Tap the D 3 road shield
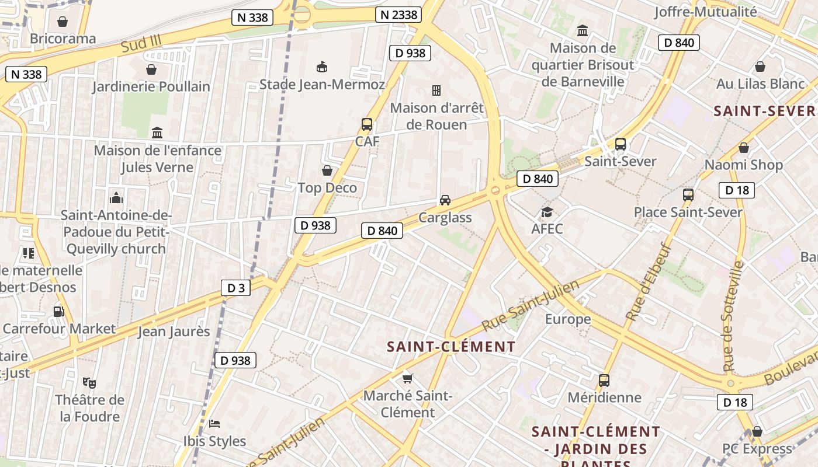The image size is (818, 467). coord(236,288)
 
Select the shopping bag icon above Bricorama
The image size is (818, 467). coord(63,22)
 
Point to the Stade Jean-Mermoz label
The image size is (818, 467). coord(322,85)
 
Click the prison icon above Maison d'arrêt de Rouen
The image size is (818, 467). coord(436,90)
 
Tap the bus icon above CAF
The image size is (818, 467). coord(367,124)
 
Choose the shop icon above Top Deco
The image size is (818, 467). coord(327,170)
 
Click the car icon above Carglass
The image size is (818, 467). coord(445,200)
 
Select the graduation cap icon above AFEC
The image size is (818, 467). coord(547,211)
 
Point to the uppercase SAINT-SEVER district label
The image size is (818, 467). coord(764,111)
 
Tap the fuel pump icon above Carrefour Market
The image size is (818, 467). coord(58,312)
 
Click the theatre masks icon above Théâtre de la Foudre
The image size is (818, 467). coord(89,383)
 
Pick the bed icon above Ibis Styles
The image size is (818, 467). coord(214,423)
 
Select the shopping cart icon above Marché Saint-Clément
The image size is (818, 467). coord(408,378)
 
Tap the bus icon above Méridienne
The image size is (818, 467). coord(604,381)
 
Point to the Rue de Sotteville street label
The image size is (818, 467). coord(732,316)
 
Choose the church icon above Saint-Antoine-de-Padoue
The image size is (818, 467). coord(116,197)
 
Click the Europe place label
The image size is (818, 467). coord(568,319)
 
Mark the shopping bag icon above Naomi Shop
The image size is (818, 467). coord(743,148)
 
